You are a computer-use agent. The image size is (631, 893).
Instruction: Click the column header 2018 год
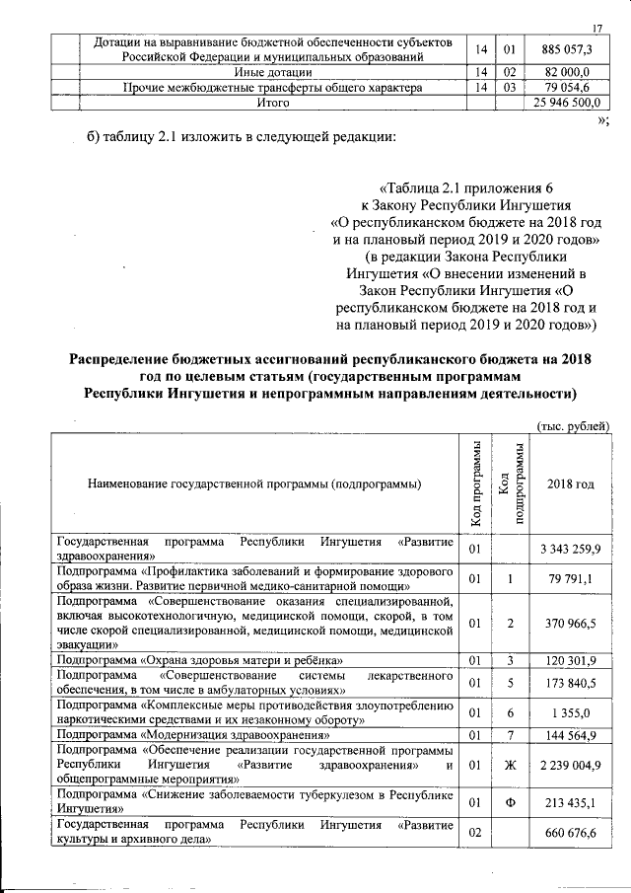[x=571, y=484]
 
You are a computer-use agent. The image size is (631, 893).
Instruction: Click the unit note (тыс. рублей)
[x=573, y=425]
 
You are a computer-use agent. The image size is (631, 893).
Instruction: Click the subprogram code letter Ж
[x=510, y=764]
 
